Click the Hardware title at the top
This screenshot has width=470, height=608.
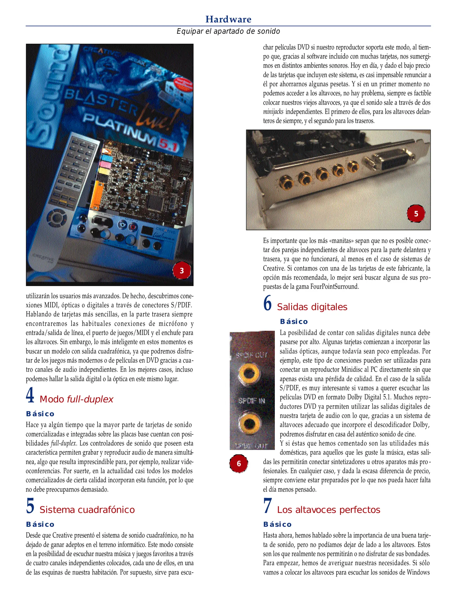(x=228, y=19)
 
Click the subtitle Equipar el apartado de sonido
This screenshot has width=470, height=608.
(x=228, y=31)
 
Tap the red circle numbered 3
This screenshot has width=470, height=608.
(x=182, y=271)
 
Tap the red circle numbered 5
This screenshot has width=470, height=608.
(x=416, y=214)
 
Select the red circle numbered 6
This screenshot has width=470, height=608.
(x=239, y=463)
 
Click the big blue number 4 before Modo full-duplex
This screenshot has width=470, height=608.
(x=30, y=395)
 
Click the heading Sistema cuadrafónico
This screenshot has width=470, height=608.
(x=87, y=510)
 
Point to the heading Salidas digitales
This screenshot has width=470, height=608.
(x=312, y=307)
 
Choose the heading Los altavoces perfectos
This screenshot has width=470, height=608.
(x=328, y=510)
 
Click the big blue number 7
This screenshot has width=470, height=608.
(x=268, y=506)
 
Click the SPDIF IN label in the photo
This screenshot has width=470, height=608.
(x=251, y=401)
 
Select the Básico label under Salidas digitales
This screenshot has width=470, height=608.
(x=294, y=321)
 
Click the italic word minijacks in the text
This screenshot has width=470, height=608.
(x=273, y=112)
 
